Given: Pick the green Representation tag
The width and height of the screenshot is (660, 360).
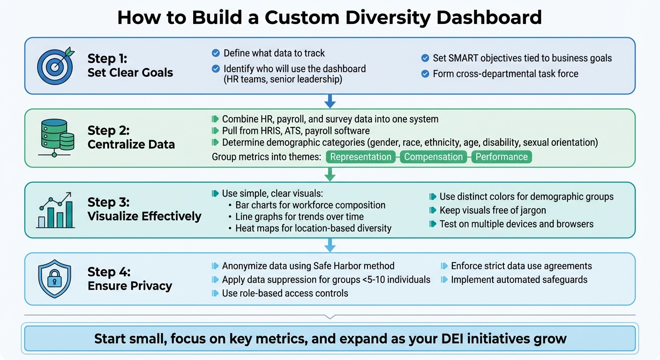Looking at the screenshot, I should [360, 157].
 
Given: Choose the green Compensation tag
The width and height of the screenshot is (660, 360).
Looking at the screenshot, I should [434, 157].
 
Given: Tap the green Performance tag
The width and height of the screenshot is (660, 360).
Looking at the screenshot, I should [502, 157].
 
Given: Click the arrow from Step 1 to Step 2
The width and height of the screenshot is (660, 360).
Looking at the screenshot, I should [330, 101].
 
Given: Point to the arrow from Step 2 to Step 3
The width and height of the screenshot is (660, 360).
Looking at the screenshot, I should [330, 174].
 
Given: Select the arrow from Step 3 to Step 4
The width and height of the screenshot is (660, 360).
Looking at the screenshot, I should [330, 245].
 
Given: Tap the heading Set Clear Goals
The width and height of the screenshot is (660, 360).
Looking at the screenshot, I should [130, 73].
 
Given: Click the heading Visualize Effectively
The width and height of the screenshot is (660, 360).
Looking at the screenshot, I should [144, 216].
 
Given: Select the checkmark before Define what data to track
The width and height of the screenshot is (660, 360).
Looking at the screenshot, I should [216, 53].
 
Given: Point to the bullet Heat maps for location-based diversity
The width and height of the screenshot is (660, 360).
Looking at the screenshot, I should [313, 228].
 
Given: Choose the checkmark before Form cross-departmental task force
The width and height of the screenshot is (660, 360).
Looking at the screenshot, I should [425, 74].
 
